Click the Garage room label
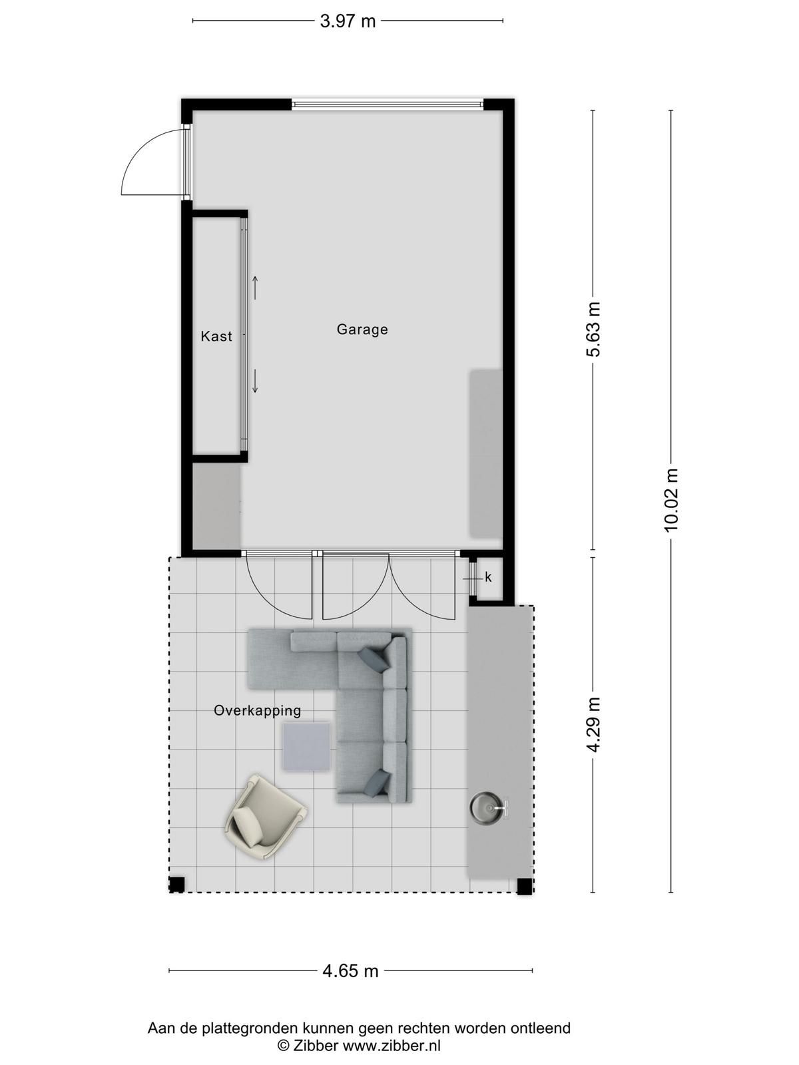(362, 329)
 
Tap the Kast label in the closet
(216, 336)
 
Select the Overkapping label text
(257, 710)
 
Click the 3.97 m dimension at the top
(348, 21)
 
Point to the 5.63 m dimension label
(593, 329)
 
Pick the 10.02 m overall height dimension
(670, 499)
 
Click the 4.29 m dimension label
(593, 724)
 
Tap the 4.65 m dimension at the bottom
(350, 970)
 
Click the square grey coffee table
(306, 747)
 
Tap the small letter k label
(488, 578)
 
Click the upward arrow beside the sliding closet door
(254, 287)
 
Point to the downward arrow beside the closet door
(254, 380)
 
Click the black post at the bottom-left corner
(176, 885)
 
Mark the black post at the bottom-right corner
(525, 886)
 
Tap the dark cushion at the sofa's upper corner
(374, 659)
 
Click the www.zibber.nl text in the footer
(392, 1046)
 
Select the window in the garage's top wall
(388, 105)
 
